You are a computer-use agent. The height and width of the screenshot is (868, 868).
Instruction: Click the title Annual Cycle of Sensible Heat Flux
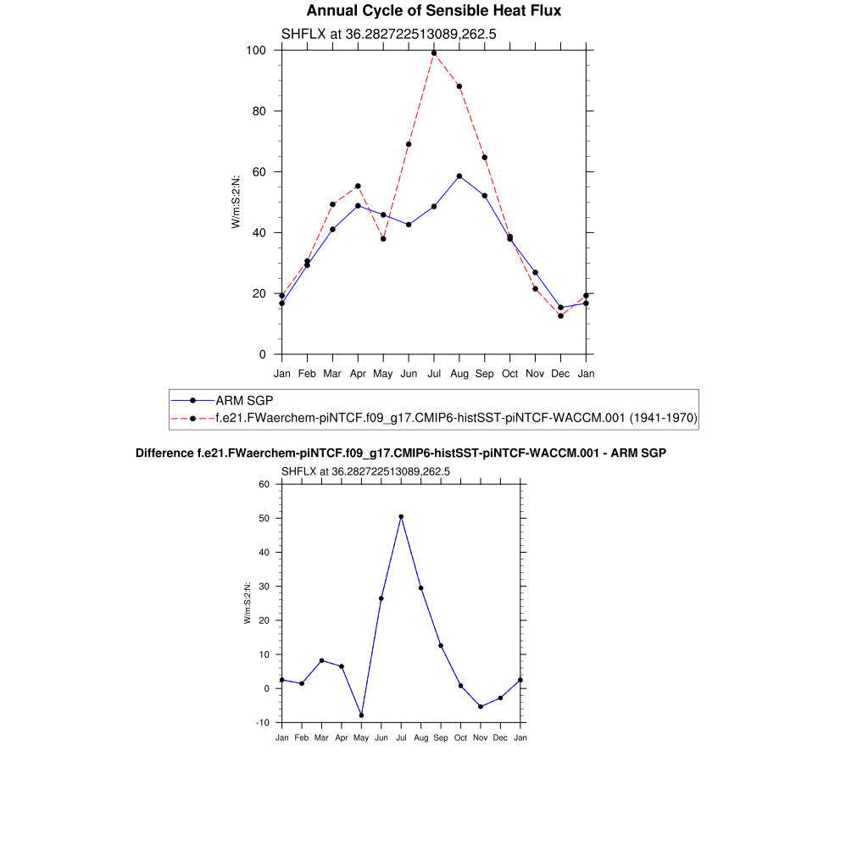click(x=433, y=11)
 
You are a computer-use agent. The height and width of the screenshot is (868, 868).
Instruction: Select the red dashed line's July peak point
click(x=434, y=53)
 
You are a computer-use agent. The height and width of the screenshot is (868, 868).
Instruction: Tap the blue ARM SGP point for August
click(x=459, y=176)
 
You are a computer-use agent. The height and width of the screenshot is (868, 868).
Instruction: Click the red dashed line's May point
click(x=383, y=239)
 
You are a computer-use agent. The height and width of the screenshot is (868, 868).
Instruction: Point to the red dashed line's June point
click(x=409, y=144)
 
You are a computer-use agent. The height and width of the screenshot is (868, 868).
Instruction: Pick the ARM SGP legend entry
click(x=244, y=400)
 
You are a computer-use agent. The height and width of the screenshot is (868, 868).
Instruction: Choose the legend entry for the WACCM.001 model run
click(x=456, y=418)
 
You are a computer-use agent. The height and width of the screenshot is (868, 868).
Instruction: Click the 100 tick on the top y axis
click(x=257, y=51)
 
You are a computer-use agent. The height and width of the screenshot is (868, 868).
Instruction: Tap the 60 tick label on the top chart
click(x=257, y=172)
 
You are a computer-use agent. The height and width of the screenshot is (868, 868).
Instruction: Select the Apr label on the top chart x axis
click(x=358, y=373)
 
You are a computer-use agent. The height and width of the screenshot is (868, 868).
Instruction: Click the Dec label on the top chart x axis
click(x=560, y=373)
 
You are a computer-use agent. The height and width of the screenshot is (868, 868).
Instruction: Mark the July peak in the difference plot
click(x=401, y=517)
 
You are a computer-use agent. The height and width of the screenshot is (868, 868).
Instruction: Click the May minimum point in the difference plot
click(x=361, y=715)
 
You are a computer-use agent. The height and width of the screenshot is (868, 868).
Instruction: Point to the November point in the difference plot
click(x=481, y=707)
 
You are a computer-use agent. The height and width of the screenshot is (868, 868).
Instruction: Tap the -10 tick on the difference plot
click(x=262, y=723)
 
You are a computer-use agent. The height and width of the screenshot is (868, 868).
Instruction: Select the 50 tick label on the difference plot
click(x=264, y=519)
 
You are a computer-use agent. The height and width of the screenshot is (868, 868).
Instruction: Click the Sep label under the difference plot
click(x=441, y=738)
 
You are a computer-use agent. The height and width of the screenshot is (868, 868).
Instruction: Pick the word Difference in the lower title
click(x=164, y=453)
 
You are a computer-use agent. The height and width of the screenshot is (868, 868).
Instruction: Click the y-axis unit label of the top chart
click(x=236, y=202)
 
